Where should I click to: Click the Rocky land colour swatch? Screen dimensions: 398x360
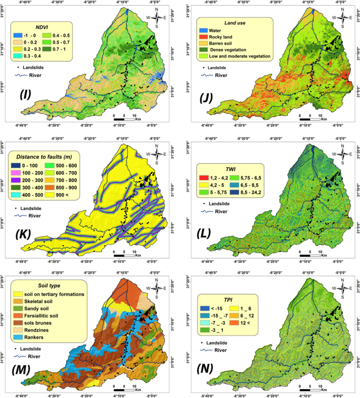203,37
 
